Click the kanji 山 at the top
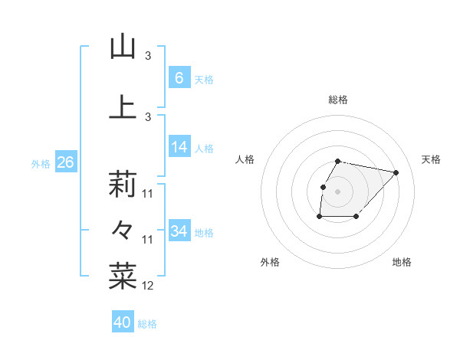coord(123,47)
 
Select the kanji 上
coord(123,107)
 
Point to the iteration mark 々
coord(123,229)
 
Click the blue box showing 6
coord(179,78)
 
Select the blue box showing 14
coord(179,147)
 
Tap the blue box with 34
coord(179,231)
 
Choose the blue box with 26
coord(65,162)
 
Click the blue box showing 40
coord(123,322)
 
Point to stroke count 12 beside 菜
coord(148,286)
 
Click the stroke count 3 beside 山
coord(148,56)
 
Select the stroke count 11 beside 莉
coord(148,194)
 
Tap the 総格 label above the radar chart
coord(338,100)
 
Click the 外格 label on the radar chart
coord(270,262)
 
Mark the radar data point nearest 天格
coord(396,172)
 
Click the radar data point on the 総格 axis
coord(338,161)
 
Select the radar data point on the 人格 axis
coord(323,187)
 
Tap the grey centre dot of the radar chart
coord(338,191)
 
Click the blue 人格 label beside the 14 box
coord(204,148)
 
